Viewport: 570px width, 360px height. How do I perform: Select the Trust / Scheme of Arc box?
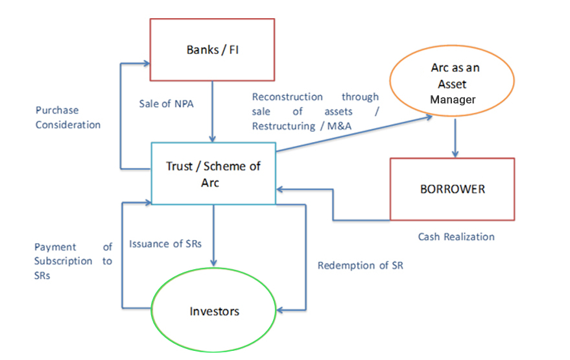(x=213, y=174)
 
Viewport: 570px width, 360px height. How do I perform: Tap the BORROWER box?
(x=452, y=189)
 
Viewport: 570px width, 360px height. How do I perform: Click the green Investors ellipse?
(x=214, y=311)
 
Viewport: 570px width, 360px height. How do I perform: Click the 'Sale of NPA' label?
(x=166, y=103)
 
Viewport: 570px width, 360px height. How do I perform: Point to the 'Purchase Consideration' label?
(x=68, y=117)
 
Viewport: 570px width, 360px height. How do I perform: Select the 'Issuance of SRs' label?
(x=165, y=244)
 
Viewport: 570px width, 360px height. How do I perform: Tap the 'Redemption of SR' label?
(x=360, y=265)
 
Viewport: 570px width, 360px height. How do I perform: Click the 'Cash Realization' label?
(x=456, y=237)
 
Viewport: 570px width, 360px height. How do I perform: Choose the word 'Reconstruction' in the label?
(x=287, y=97)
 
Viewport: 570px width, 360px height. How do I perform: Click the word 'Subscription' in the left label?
(x=64, y=261)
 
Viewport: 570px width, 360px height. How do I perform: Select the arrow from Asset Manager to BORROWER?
(x=455, y=136)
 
